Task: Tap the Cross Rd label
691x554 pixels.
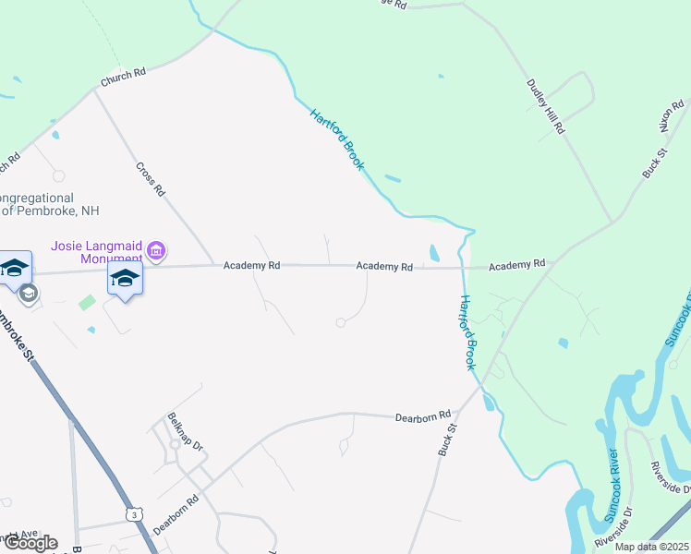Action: pyautogui.click(x=150, y=178)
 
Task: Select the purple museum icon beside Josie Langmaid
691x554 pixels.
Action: pyautogui.click(x=156, y=250)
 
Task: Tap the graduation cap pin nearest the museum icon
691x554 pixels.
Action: pyautogui.click(x=125, y=279)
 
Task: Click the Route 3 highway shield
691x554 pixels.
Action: pyautogui.click(x=136, y=514)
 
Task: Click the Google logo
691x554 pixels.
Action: pyautogui.click(x=30, y=543)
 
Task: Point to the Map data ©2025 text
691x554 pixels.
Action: pyautogui.click(x=652, y=547)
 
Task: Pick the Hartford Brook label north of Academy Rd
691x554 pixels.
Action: pyautogui.click(x=337, y=139)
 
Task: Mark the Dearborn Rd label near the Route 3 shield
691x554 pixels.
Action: pyautogui.click(x=176, y=513)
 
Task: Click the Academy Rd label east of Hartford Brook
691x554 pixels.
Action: pyautogui.click(x=516, y=265)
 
